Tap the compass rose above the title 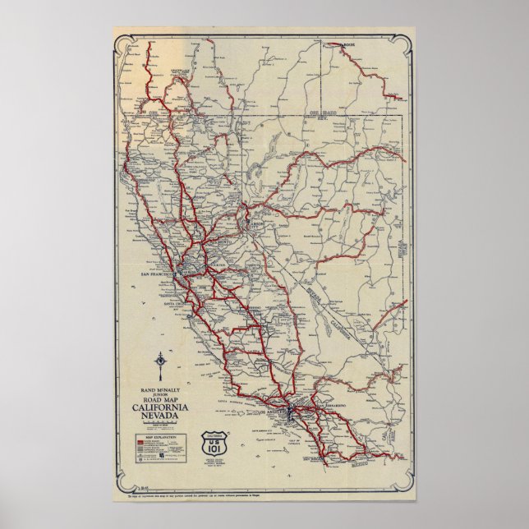pos(161,363)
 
